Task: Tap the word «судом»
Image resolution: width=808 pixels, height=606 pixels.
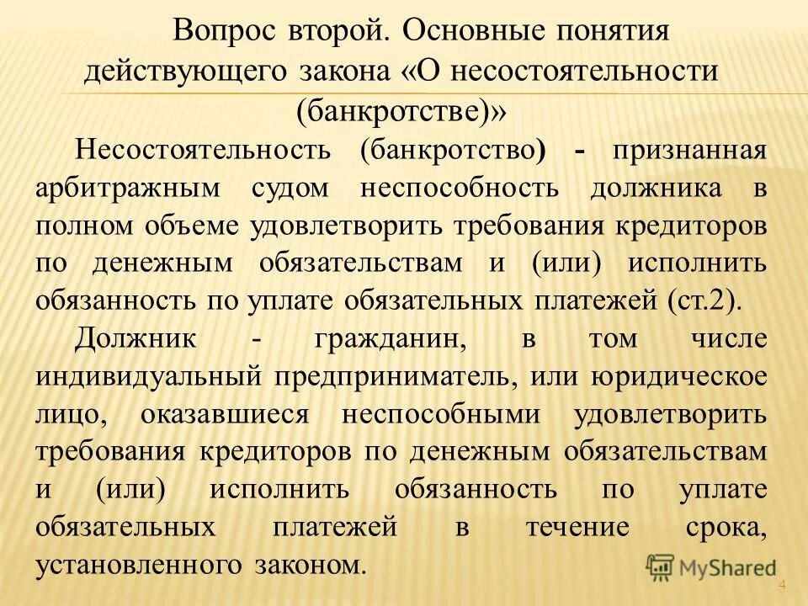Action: click(290, 187)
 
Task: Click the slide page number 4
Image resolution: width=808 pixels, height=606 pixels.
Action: click(782, 586)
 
